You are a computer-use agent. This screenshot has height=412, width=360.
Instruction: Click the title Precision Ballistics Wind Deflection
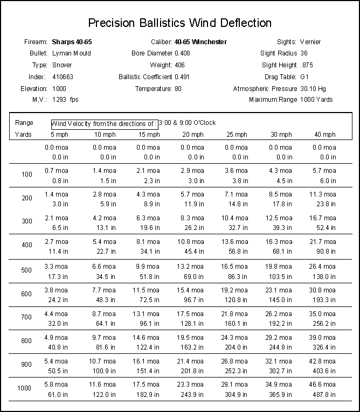[179, 23]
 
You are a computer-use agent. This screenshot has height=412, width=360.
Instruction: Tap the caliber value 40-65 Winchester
[200, 41]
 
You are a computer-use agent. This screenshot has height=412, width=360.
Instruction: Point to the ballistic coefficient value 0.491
[182, 76]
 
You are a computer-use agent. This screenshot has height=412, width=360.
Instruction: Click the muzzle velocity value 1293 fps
[65, 100]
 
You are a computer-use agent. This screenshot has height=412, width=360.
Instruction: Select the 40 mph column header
[325, 134]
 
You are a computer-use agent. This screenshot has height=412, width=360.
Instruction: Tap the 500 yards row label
[27, 270]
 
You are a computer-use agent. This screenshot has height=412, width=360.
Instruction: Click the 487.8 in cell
[325, 394]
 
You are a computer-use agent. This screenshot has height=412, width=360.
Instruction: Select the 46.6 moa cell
[324, 384]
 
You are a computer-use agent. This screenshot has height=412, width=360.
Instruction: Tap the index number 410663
[63, 76]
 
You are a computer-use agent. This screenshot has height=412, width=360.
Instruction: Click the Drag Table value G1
[304, 76]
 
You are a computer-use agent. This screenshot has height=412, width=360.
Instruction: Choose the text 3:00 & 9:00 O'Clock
[187, 123]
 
